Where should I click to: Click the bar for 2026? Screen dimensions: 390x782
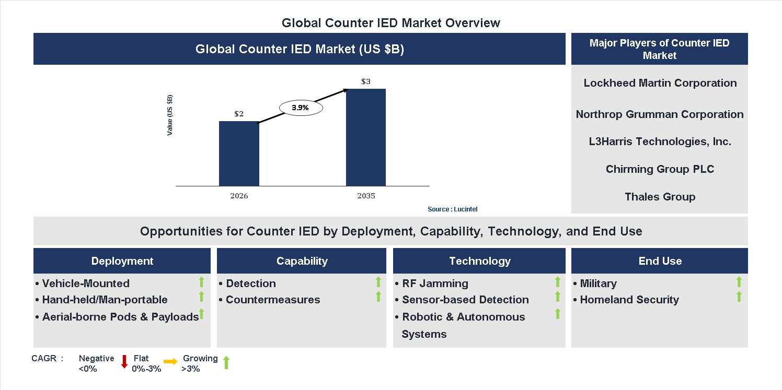[x=239, y=153]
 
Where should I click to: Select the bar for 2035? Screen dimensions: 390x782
[x=366, y=137]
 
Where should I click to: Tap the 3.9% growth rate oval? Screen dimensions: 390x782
[x=301, y=108]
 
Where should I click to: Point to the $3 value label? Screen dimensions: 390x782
[x=366, y=82]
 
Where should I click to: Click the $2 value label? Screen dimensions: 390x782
[x=239, y=114]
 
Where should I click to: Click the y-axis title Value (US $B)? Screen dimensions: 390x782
[x=170, y=115]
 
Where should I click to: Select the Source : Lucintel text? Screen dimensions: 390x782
[x=452, y=209]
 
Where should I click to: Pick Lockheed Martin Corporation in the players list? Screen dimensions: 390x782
[x=660, y=83]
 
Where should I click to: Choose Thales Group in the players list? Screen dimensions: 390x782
[x=660, y=197]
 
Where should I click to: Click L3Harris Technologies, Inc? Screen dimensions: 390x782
[x=660, y=141]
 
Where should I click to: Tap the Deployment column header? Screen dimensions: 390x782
[x=122, y=261]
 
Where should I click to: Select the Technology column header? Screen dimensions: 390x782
[x=479, y=261]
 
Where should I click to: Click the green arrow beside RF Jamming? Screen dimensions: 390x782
[x=558, y=282]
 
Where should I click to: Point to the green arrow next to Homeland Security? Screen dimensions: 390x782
[x=739, y=297]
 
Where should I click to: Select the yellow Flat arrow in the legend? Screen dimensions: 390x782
[x=170, y=361]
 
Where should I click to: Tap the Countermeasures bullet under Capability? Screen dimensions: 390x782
[x=273, y=300]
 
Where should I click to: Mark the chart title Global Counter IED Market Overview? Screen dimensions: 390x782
[x=390, y=23]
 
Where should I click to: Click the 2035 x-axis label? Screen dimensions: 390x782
[x=366, y=196]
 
